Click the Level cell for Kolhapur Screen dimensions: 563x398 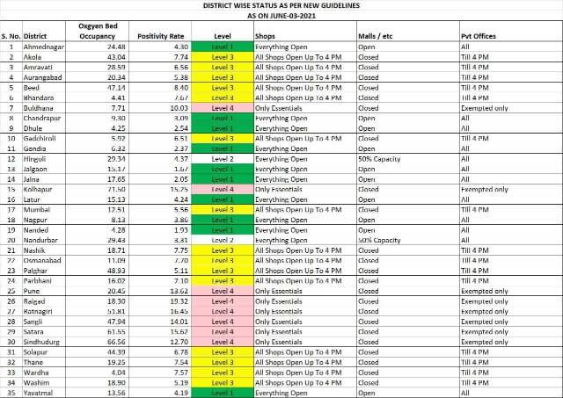point(223,190)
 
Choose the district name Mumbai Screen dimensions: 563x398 point(38,210)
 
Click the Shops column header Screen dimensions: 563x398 point(265,36)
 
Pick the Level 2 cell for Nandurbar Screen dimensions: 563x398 point(223,240)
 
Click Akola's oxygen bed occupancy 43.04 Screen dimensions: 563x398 point(116,56)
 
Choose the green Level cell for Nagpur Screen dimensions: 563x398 point(223,220)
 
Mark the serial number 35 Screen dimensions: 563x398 point(11,393)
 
